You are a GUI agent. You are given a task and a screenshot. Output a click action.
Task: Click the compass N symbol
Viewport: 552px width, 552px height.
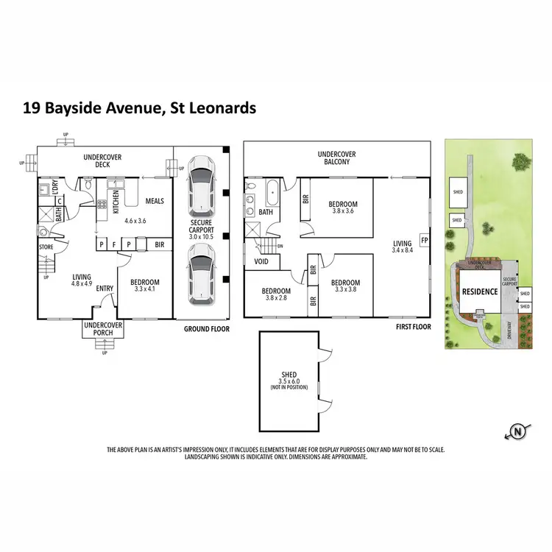point(520,431)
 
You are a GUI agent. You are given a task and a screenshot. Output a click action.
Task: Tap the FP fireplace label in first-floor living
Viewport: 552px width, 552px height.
point(423,240)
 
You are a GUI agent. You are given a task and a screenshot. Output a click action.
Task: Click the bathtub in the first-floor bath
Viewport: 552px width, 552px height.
point(272,194)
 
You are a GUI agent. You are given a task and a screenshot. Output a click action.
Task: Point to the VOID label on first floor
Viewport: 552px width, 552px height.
point(261,261)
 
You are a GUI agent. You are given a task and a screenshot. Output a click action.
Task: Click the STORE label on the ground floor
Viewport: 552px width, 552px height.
point(46,247)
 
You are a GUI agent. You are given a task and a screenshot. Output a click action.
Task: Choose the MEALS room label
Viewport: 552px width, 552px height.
point(154,201)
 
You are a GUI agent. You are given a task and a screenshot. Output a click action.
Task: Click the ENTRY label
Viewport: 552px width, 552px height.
point(104,288)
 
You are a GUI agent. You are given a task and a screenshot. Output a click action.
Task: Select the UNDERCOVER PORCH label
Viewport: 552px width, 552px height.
point(103,328)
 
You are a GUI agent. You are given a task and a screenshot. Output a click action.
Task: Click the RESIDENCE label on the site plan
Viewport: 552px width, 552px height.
point(480,291)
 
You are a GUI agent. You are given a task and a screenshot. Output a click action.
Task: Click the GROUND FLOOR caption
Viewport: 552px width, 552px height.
point(203,330)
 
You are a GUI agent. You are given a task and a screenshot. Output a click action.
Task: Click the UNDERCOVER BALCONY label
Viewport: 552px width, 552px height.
point(337,158)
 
